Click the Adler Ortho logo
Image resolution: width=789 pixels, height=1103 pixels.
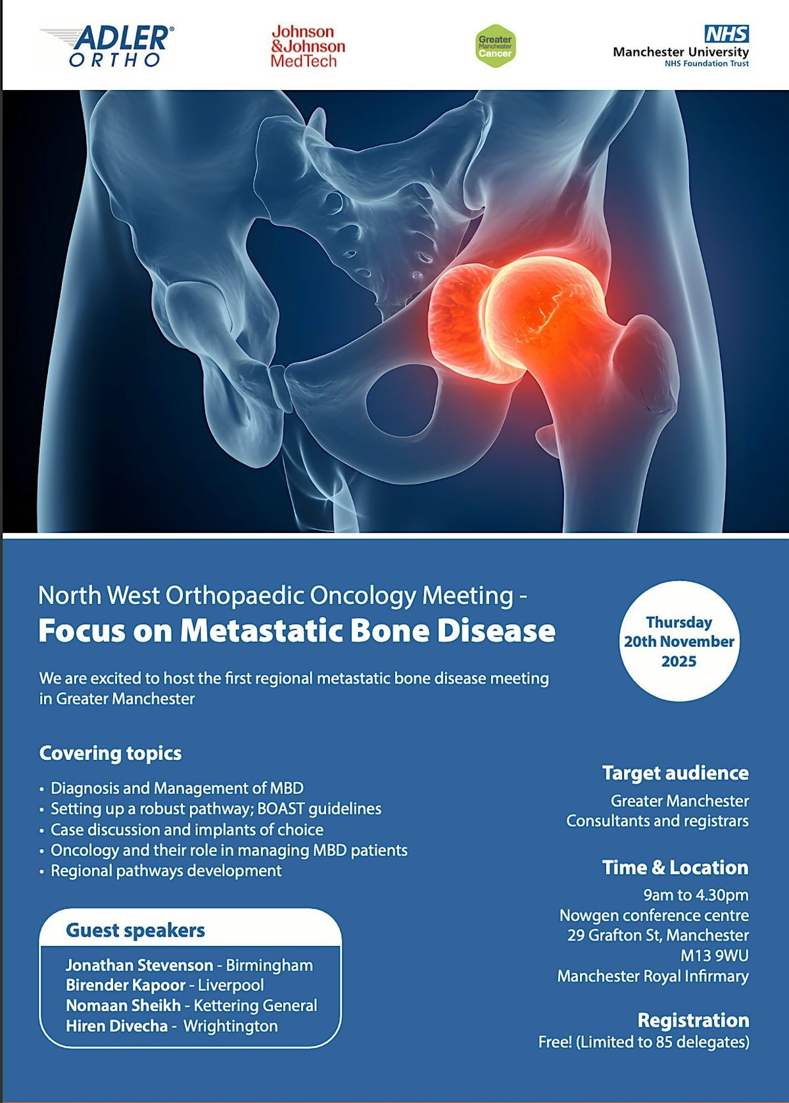(107, 46)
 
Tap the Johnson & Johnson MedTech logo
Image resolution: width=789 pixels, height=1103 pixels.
(307, 47)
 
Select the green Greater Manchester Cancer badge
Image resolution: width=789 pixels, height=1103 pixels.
(495, 46)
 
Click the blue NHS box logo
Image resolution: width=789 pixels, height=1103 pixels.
(727, 34)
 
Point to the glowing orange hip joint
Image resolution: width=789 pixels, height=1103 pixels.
(519, 316)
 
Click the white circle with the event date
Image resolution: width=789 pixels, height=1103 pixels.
(679, 642)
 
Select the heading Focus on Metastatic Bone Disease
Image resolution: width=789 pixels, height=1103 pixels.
(297, 630)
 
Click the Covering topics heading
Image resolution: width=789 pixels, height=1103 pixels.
(110, 753)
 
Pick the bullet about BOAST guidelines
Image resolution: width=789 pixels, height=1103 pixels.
(216, 809)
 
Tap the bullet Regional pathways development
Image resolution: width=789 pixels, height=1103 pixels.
(166, 870)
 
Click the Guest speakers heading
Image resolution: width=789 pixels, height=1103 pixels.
(135, 931)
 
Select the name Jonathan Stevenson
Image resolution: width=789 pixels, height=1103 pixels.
(139, 965)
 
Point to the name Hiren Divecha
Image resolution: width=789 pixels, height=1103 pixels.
(116, 1026)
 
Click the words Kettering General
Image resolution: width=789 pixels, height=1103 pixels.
(255, 1006)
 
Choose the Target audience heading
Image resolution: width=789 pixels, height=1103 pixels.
(675, 773)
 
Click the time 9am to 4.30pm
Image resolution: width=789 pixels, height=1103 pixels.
(696, 895)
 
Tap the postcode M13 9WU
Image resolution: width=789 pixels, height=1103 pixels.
(714, 956)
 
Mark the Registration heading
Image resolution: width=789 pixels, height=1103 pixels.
(693, 1020)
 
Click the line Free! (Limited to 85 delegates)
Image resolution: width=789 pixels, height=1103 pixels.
(644, 1042)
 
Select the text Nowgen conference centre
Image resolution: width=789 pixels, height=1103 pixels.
(654, 916)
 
